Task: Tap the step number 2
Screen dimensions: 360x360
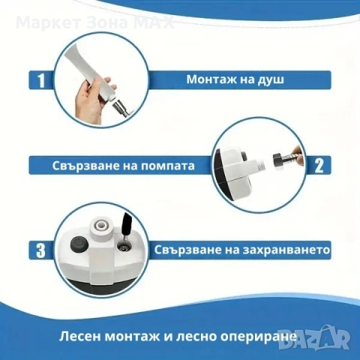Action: click(319, 164)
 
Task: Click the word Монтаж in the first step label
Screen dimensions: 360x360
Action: click(212, 77)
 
